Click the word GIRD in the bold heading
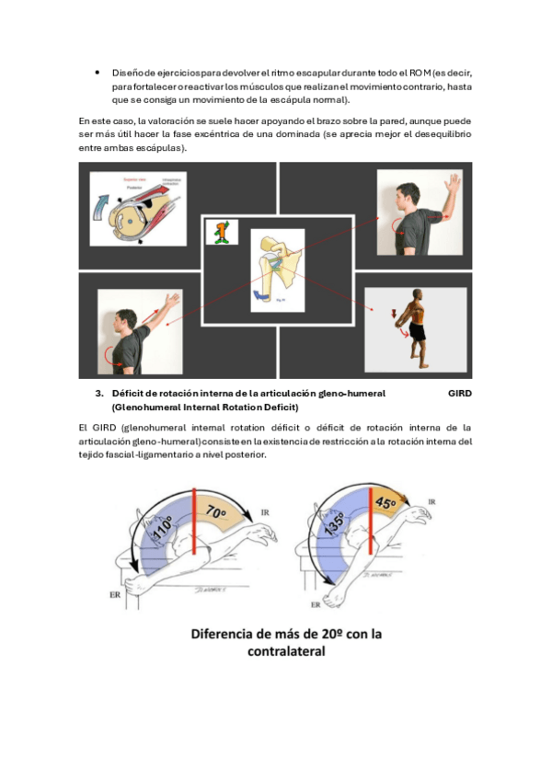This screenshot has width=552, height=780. point(460,393)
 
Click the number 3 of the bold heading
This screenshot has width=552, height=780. point(98,393)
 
